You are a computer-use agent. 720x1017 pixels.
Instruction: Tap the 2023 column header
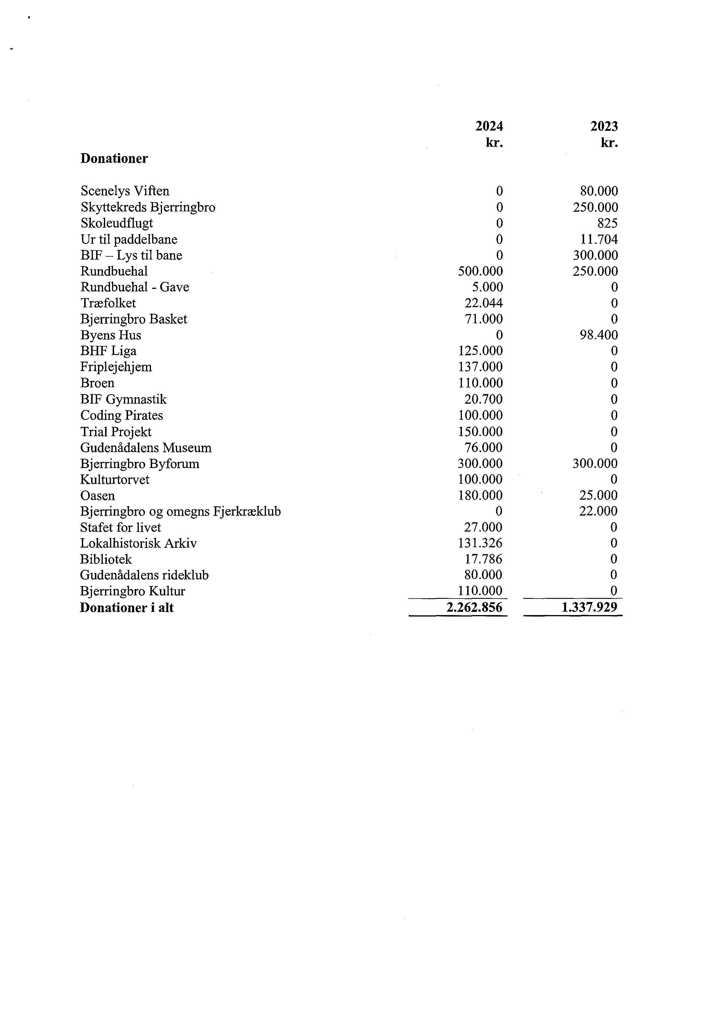(604, 127)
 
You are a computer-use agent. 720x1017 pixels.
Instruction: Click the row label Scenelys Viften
(125, 191)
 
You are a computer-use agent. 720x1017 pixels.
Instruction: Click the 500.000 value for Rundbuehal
(480, 271)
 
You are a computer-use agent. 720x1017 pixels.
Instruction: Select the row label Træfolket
(108, 303)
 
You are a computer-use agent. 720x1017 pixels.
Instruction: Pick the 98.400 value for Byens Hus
(599, 335)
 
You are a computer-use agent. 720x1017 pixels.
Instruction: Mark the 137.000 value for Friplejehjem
(480, 367)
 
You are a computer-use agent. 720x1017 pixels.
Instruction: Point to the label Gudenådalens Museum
(146, 448)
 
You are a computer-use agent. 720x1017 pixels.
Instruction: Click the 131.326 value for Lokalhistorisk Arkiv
(480, 543)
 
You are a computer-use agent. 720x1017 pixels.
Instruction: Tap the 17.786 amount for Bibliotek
(483, 559)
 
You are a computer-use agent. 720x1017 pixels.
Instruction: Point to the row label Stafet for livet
(120, 527)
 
